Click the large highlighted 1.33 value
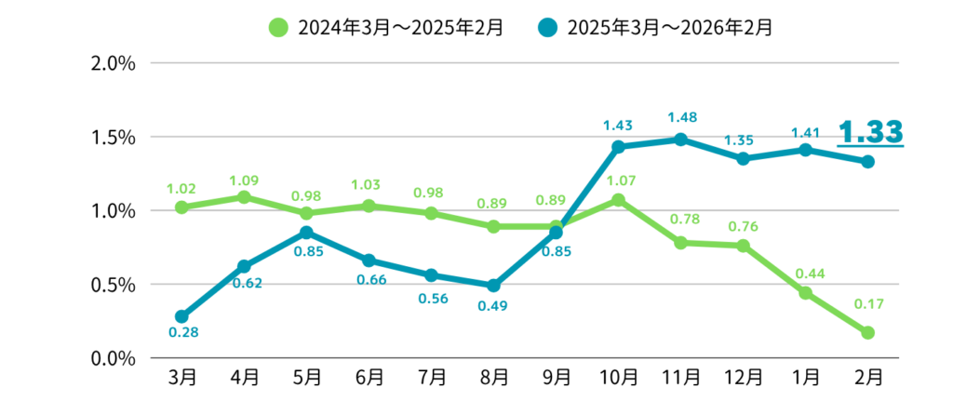point(871,131)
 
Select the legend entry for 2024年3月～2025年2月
point(385,27)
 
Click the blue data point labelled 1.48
point(680,140)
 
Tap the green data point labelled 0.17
point(867,332)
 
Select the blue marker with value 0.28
point(182,316)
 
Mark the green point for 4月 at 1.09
point(244,197)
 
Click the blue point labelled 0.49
point(493,286)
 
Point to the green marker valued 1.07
point(618,200)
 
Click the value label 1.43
point(618,125)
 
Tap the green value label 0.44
point(805,273)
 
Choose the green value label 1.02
point(182,188)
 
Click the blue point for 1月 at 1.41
point(805,150)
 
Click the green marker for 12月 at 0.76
point(743,246)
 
